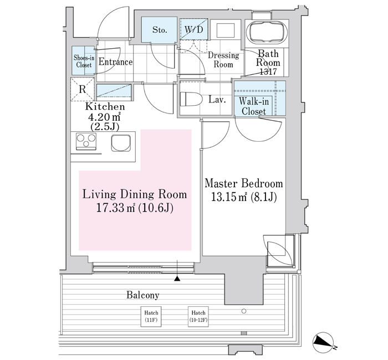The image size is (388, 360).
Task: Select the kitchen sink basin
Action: coord(121,143)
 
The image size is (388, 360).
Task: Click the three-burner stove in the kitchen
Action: coord(86,141)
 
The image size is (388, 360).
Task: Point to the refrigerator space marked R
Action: coord(83,89)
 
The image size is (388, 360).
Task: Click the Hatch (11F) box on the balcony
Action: coord(151,316)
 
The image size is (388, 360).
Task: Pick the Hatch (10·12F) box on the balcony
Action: coord(198,316)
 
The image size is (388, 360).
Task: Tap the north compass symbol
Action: coord(323,342)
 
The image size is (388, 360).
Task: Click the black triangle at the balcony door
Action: coord(177,279)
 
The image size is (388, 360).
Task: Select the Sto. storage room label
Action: coord(160,30)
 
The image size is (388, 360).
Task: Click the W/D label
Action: coord(194,30)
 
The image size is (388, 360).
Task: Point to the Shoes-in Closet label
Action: coord(84,61)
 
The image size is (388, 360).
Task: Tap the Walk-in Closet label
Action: coord(254,106)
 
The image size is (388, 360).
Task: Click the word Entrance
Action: coord(115,61)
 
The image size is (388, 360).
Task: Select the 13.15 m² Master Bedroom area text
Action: coord(244,197)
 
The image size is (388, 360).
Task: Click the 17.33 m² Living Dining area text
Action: coord(135,208)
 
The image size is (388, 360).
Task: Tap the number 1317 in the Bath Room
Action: coord(268,71)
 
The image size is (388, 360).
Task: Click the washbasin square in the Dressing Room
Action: coord(226,30)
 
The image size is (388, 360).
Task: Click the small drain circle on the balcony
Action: coord(244,311)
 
